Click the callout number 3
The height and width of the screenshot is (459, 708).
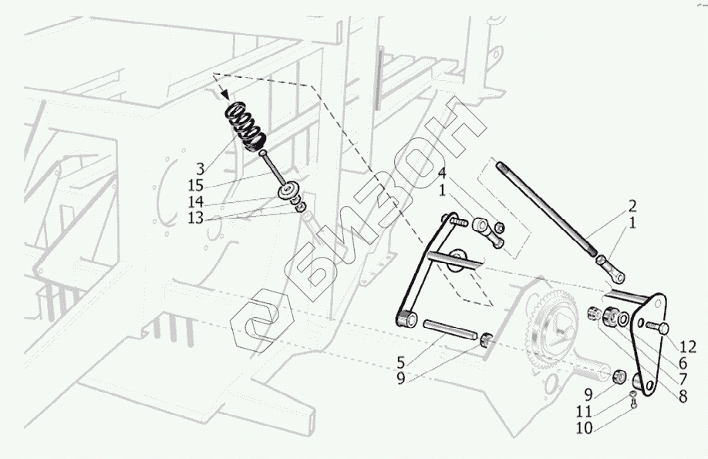[201, 167]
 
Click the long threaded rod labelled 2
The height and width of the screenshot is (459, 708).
[548, 208]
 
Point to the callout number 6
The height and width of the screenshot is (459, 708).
[683, 361]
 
